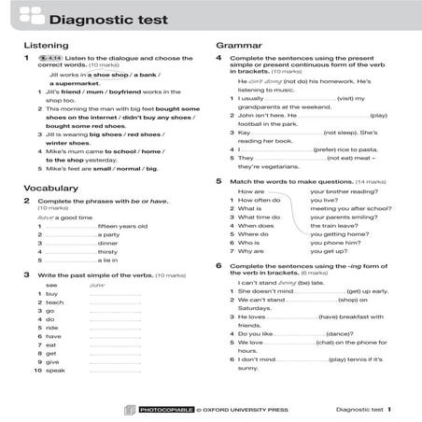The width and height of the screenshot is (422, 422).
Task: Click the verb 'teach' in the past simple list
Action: pos(54,302)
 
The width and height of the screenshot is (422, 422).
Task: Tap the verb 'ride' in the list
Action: pos(52,329)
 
